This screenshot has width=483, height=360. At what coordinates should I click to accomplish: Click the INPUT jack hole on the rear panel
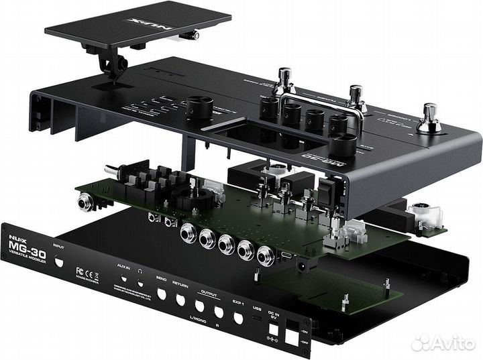click(62, 264)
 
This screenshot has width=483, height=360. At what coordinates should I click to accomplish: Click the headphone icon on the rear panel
click(140, 271)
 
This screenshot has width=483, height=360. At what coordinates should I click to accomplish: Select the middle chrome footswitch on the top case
click(356, 98)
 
